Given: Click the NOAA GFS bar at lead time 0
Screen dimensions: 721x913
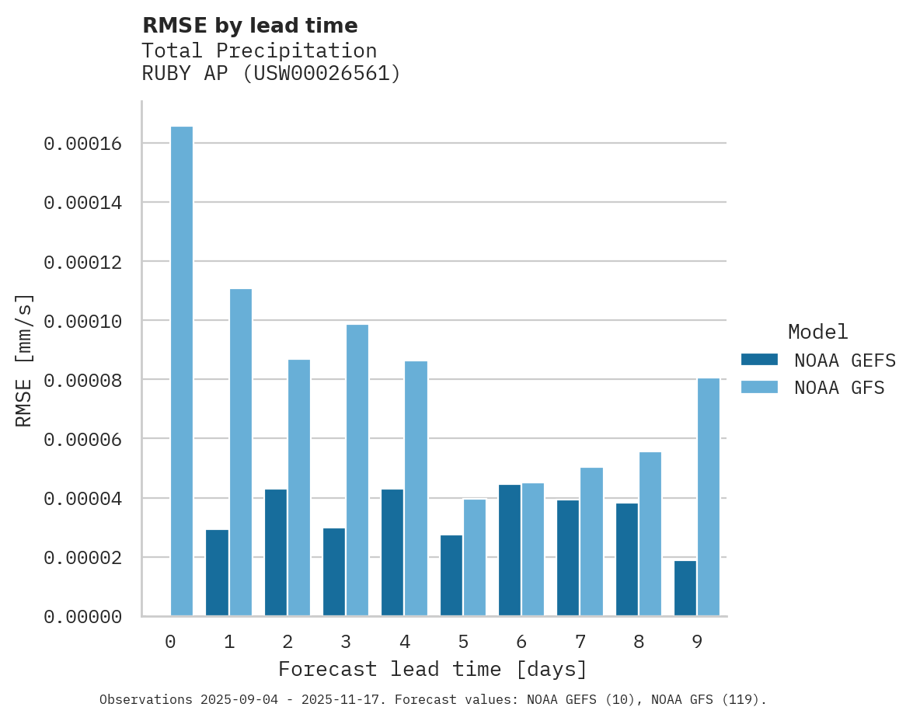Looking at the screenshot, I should [182, 371].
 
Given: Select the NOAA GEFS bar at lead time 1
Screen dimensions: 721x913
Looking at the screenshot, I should [217, 573].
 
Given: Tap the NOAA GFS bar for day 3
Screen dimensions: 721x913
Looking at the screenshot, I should [357, 470].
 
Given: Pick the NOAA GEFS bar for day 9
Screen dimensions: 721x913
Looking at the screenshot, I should [685, 588].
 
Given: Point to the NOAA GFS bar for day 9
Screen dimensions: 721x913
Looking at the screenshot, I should [709, 497].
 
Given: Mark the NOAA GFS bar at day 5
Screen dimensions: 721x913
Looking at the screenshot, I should [475, 557].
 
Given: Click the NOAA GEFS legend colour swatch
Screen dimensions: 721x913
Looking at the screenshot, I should [759, 360].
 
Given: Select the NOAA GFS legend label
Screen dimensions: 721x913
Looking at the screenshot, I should [839, 387].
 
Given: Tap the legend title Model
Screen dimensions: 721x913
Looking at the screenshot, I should [817, 332].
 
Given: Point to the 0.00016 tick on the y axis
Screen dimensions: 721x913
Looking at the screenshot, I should [93, 144].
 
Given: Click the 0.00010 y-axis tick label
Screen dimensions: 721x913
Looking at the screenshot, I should [93, 321].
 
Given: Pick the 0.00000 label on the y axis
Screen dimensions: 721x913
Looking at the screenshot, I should [93, 617].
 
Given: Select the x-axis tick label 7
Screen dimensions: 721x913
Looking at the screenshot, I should [580, 642].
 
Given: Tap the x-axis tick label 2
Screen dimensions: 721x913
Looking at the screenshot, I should [287, 642].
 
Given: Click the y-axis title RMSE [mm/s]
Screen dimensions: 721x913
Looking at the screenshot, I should [24, 360].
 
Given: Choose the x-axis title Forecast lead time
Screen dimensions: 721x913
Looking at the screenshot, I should [433, 669].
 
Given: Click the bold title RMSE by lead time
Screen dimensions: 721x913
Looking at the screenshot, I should [250, 26].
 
